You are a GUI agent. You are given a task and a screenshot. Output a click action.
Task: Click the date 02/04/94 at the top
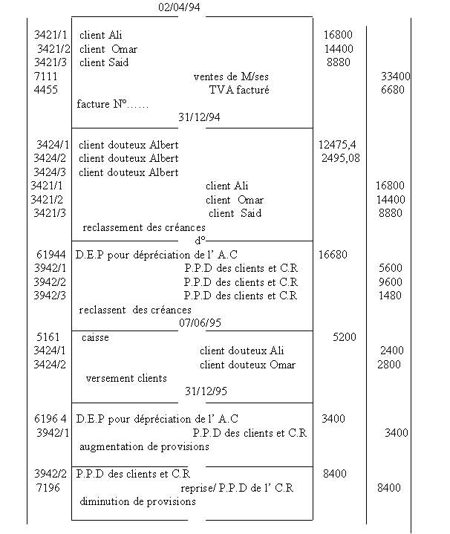pyautogui.click(x=180, y=7)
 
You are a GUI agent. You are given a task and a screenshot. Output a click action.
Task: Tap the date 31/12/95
pyautogui.click(x=206, y=391)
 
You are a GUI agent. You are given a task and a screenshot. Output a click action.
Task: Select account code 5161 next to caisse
pyautogui.click(x=48, y=337)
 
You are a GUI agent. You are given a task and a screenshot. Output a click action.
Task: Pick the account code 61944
pyautogui.click(x=51, y=255)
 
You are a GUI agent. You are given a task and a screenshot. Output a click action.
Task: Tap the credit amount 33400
pyautogui.click(x=395, y=76)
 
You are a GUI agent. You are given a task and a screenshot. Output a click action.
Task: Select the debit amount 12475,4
pyautogui.click(x=336, y=145)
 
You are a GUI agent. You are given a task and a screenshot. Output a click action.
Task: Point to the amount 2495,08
pyautogui.click(x=341, y=158)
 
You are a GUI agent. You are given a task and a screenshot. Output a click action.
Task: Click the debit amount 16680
pyautogui.click(x=332, y=255)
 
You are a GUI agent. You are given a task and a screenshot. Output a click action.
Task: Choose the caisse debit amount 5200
pyautogui.click(x=344, y=337)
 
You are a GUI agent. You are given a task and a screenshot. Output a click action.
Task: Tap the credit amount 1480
pyautogui.click(x=390, y=296)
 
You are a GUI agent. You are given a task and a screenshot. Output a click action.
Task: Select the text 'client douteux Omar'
pyautogui.click(x=247, y=365)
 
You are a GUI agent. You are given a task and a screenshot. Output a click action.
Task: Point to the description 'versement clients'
pyautogui.click(x=126, y=378)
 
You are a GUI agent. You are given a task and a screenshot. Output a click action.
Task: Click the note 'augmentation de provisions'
pyautogui.click(x=144, y=447)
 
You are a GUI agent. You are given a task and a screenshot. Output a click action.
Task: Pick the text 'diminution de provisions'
pyautogui.click(x=137, y=501)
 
